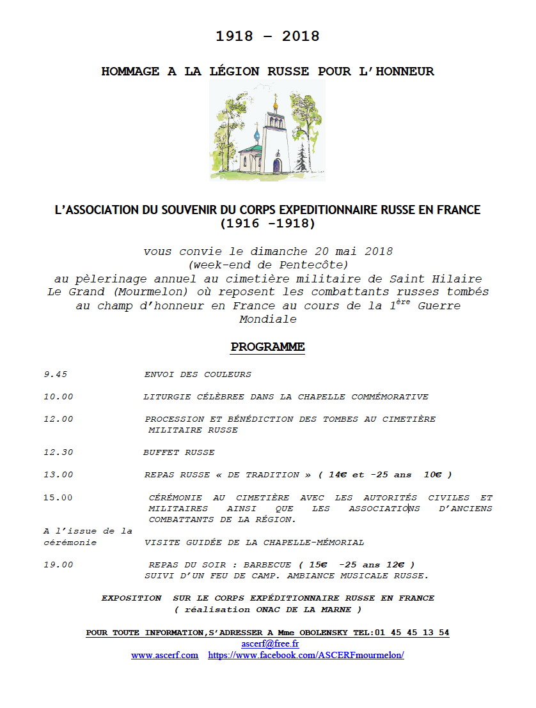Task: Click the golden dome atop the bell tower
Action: [276, 102]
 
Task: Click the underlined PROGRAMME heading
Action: [267, 347]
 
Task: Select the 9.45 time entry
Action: [55, 374]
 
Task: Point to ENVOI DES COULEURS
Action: [198, 374]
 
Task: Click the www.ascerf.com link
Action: [164, 656]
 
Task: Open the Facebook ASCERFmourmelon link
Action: [306, 656]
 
